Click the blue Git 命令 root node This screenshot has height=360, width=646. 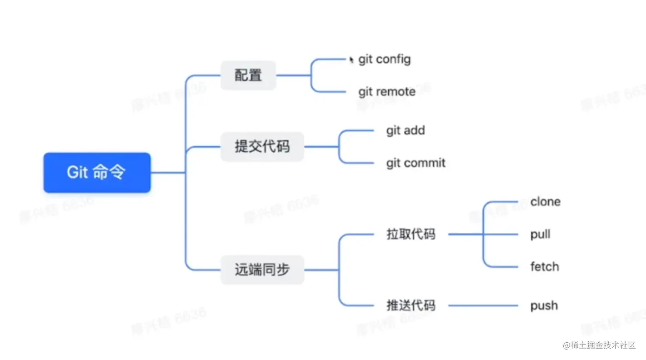click(97, 173)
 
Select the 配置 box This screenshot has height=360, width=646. click(248, 75)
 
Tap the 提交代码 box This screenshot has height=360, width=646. click(262, 147)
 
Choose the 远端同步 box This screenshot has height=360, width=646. click(262, 270)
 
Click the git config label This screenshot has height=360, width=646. click(384, 59)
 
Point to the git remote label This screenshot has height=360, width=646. click(387, 92)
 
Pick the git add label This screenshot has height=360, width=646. click(406, 130)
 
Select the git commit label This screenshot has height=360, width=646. click(416, 163)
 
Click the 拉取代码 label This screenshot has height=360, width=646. click(411, 235)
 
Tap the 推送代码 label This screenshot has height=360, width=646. click(411, 305)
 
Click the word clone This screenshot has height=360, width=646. click(545, 202)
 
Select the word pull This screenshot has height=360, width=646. click(540, 235)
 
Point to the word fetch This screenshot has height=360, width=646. click(545, 267)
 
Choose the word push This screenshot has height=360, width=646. click(544, 305)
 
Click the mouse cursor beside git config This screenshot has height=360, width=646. click(351, 60)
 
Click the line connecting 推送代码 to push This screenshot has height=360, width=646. click(483, 305)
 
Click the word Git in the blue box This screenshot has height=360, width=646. click(77, 173)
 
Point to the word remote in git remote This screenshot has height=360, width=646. click(396, 92)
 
